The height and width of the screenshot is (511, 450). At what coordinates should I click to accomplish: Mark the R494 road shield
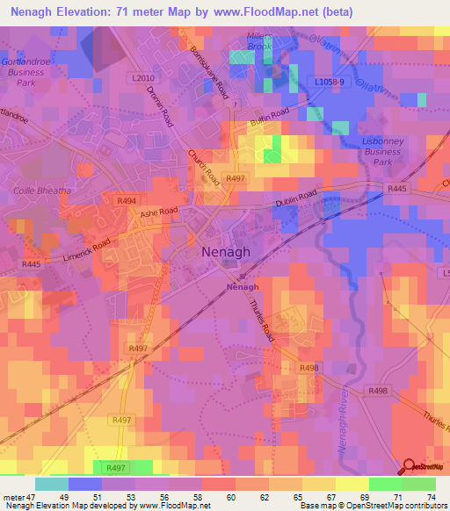pyautogui.click(x=127, y=201)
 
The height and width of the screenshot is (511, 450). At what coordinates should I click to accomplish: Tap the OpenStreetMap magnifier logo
pyautogui.click(x=410, y=466)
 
